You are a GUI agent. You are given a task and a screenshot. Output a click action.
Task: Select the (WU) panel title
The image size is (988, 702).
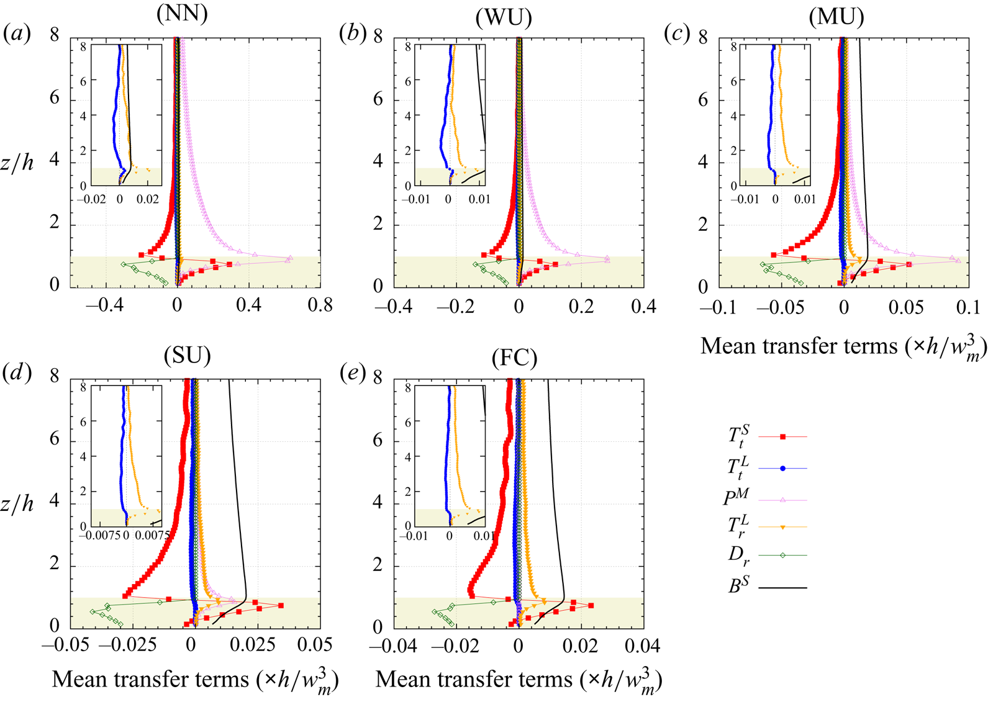tap(504, 18)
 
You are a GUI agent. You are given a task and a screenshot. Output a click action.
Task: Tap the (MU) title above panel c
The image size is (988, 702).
tap(836, 17)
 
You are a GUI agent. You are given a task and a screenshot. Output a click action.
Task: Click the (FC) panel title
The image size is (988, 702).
tap(514, 358)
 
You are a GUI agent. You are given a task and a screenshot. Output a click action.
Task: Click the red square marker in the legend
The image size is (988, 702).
tap(782, 437)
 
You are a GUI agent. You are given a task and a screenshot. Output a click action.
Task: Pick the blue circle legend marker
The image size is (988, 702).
tap(782, 468)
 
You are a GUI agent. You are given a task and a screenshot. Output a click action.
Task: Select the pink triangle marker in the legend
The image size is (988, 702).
tap(782, 499)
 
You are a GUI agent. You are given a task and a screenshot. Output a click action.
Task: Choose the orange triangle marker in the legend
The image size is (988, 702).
tap(782, 527)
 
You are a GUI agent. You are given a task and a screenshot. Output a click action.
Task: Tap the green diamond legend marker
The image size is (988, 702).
tap(782, 556)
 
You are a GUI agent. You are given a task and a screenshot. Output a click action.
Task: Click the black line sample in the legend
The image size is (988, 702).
tap(782, 587)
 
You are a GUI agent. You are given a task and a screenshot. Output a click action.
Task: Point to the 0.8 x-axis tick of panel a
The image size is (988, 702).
tap(320, 305)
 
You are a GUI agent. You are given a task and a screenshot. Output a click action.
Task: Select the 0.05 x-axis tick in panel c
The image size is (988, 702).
tap(905, 308)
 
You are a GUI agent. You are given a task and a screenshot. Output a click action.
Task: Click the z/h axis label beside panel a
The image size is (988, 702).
tap(18, 163)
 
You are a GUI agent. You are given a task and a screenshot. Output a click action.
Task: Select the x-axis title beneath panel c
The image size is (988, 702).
tap(843, 346)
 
